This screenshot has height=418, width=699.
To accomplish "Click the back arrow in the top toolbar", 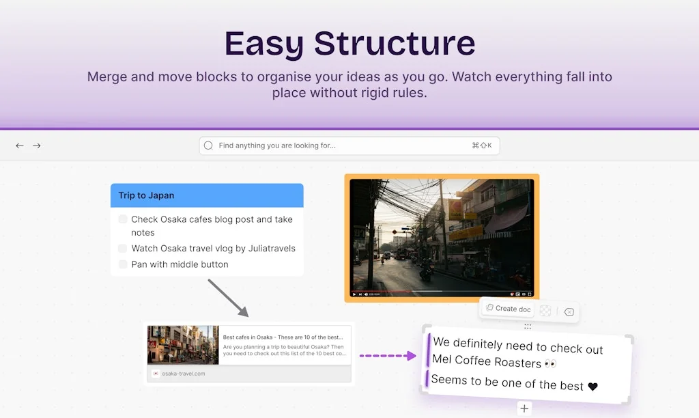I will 20,145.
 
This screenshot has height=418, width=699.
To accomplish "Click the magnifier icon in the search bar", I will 209,145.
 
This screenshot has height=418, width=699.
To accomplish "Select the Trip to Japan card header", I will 207,195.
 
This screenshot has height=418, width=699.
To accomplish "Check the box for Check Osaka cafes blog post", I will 123,219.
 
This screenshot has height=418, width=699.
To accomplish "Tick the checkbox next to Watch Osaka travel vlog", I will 123,249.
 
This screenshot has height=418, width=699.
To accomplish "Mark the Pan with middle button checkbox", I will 123,264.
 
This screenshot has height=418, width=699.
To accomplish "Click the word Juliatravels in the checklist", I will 272,249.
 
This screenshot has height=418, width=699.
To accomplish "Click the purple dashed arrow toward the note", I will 387,355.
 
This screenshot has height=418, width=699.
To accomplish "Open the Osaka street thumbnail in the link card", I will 183,345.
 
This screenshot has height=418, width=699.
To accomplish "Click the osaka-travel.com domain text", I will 184,374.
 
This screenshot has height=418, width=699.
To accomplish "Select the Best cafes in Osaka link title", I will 283,337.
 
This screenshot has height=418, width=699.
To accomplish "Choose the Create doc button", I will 508,309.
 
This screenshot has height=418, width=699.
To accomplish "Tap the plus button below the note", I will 524,408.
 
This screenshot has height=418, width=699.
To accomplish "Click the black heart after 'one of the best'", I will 593,387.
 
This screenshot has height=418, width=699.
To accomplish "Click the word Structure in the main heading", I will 395,44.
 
